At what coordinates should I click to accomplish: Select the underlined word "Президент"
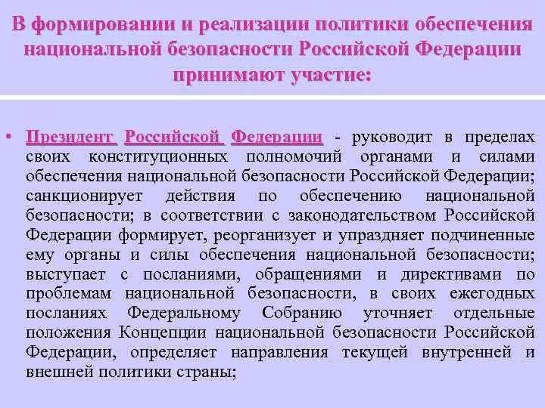click(x=70, y=138)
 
